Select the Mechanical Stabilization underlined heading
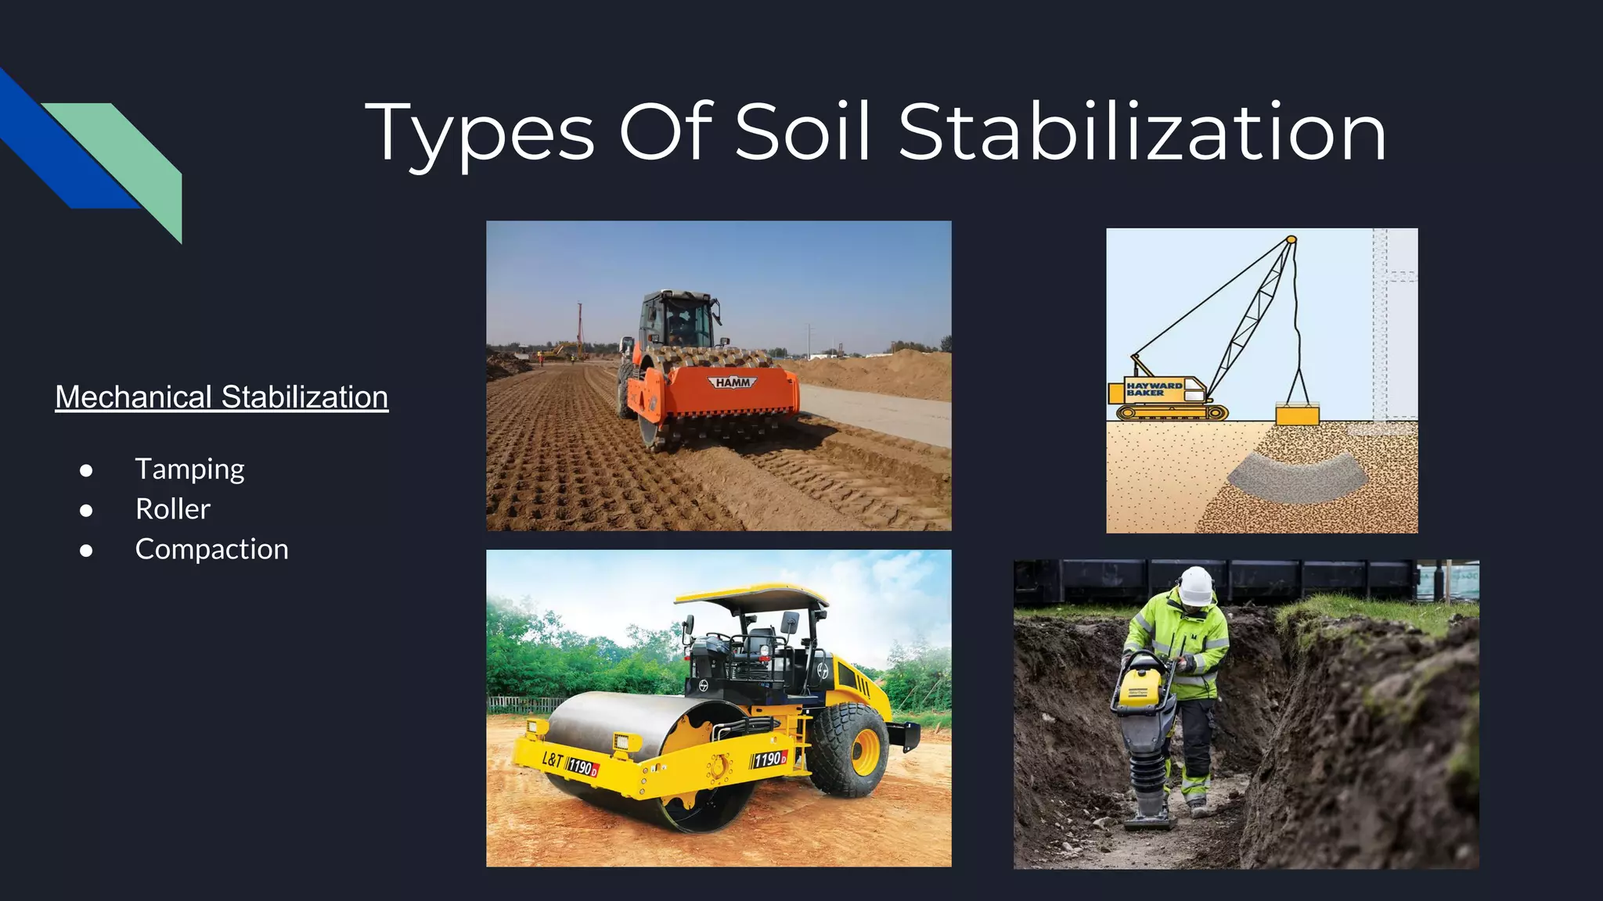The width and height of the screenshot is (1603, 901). click(222, 397)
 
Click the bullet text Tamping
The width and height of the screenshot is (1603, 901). click(189, 469)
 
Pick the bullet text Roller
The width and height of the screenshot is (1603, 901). click(173, 509)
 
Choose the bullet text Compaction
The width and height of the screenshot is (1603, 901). click(211, 549)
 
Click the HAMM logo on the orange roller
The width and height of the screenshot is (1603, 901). click(733, 382)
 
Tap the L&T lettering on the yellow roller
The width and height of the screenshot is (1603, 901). click(553, 759)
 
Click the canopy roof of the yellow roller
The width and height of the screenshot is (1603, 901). click(751, 599)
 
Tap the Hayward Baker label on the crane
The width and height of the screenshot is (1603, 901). click(1155, 389)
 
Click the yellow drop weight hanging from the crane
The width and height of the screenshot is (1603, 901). click(1297, 414)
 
